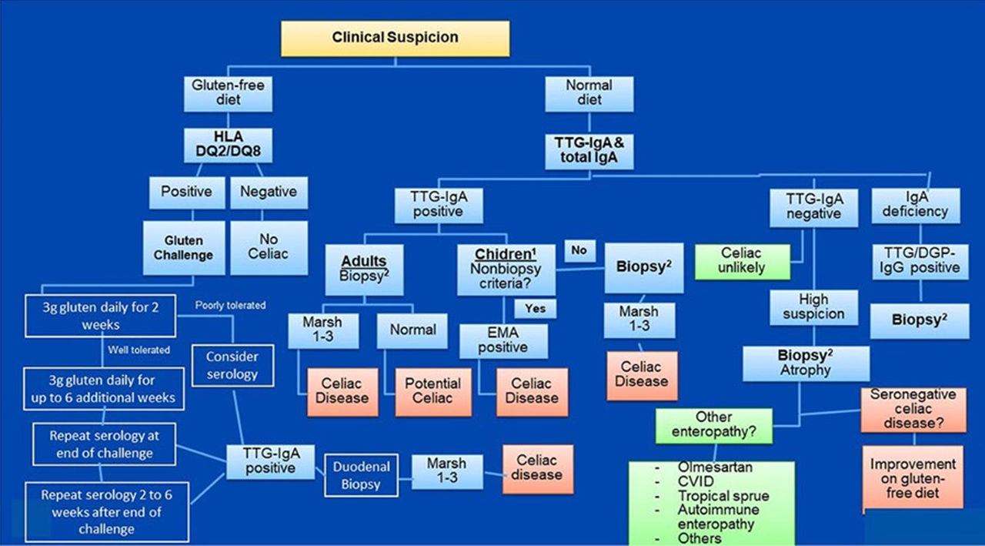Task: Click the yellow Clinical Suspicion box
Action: click(x=395, y=37)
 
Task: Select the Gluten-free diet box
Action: click(x=229, y=92)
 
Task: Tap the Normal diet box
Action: click(x=589, y=92)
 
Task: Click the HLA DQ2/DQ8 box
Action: click(x=229, y=146)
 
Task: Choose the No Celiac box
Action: click(x=268, y=248)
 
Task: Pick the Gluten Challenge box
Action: click(x=184, y=248)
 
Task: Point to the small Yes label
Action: click(x=536, y=308)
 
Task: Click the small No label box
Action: click(x=579, y=251)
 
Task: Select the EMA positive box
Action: click(x=504, y=340)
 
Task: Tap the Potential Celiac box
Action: click(x=432, y=391)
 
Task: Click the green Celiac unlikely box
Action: click(x=742, y=261)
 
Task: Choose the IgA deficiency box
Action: click(x=915, y=204)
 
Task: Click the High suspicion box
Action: click(x=813, y=306)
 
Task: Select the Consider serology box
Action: click(x=232, y=365)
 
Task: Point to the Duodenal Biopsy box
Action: click(x=361, y=475)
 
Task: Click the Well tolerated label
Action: click(x=139, y=350)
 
